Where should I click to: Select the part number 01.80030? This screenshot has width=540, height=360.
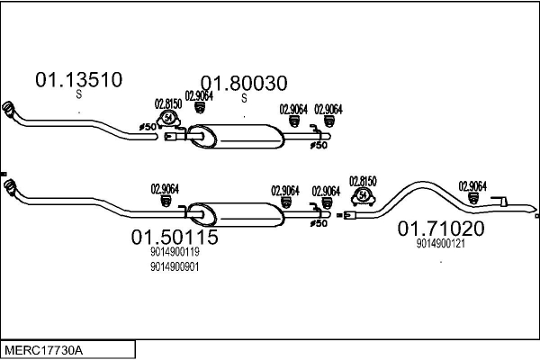[x=243, y=84]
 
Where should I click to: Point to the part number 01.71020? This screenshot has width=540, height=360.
[x=441, y=229]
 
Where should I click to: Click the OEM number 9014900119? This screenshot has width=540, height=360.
[x=175, y=254]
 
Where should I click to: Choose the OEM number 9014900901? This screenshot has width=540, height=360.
[x=175, y=266]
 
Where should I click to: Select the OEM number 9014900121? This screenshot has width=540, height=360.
[x=440, y=243]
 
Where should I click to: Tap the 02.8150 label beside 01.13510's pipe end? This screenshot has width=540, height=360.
[x=168, y=103]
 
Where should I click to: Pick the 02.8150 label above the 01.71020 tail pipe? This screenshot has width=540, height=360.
[x=363, y=180]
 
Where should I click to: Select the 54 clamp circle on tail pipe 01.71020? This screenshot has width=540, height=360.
[x=363, y=194]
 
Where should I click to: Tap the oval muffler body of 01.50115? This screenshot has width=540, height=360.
[x=236, y=215]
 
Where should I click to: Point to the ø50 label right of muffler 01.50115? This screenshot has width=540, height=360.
[x=317, y=223]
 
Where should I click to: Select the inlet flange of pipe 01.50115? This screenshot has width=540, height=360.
[x=8, y=188]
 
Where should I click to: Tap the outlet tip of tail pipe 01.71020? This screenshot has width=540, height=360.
[x=533, y=215]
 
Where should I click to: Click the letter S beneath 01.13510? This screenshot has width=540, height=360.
[x=78, y=94]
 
